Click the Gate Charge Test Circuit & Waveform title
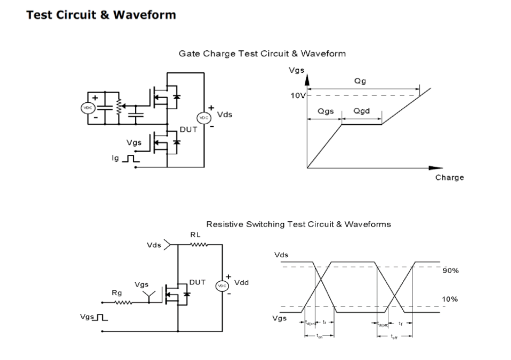point(262,54)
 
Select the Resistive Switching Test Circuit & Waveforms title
point(298,224)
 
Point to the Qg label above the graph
point(360,81)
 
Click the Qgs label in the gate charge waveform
point(325,111)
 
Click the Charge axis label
point(449,177)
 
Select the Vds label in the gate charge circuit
point(224,115)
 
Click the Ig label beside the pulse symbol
point(115,159)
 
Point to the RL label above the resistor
point(196,235)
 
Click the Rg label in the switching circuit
point(117,293)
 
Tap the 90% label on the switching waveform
point(450,271)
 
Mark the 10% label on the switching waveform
point(450,298)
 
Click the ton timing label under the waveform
point(319,337)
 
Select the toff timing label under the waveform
point(394,337)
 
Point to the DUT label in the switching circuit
point(197,281)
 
